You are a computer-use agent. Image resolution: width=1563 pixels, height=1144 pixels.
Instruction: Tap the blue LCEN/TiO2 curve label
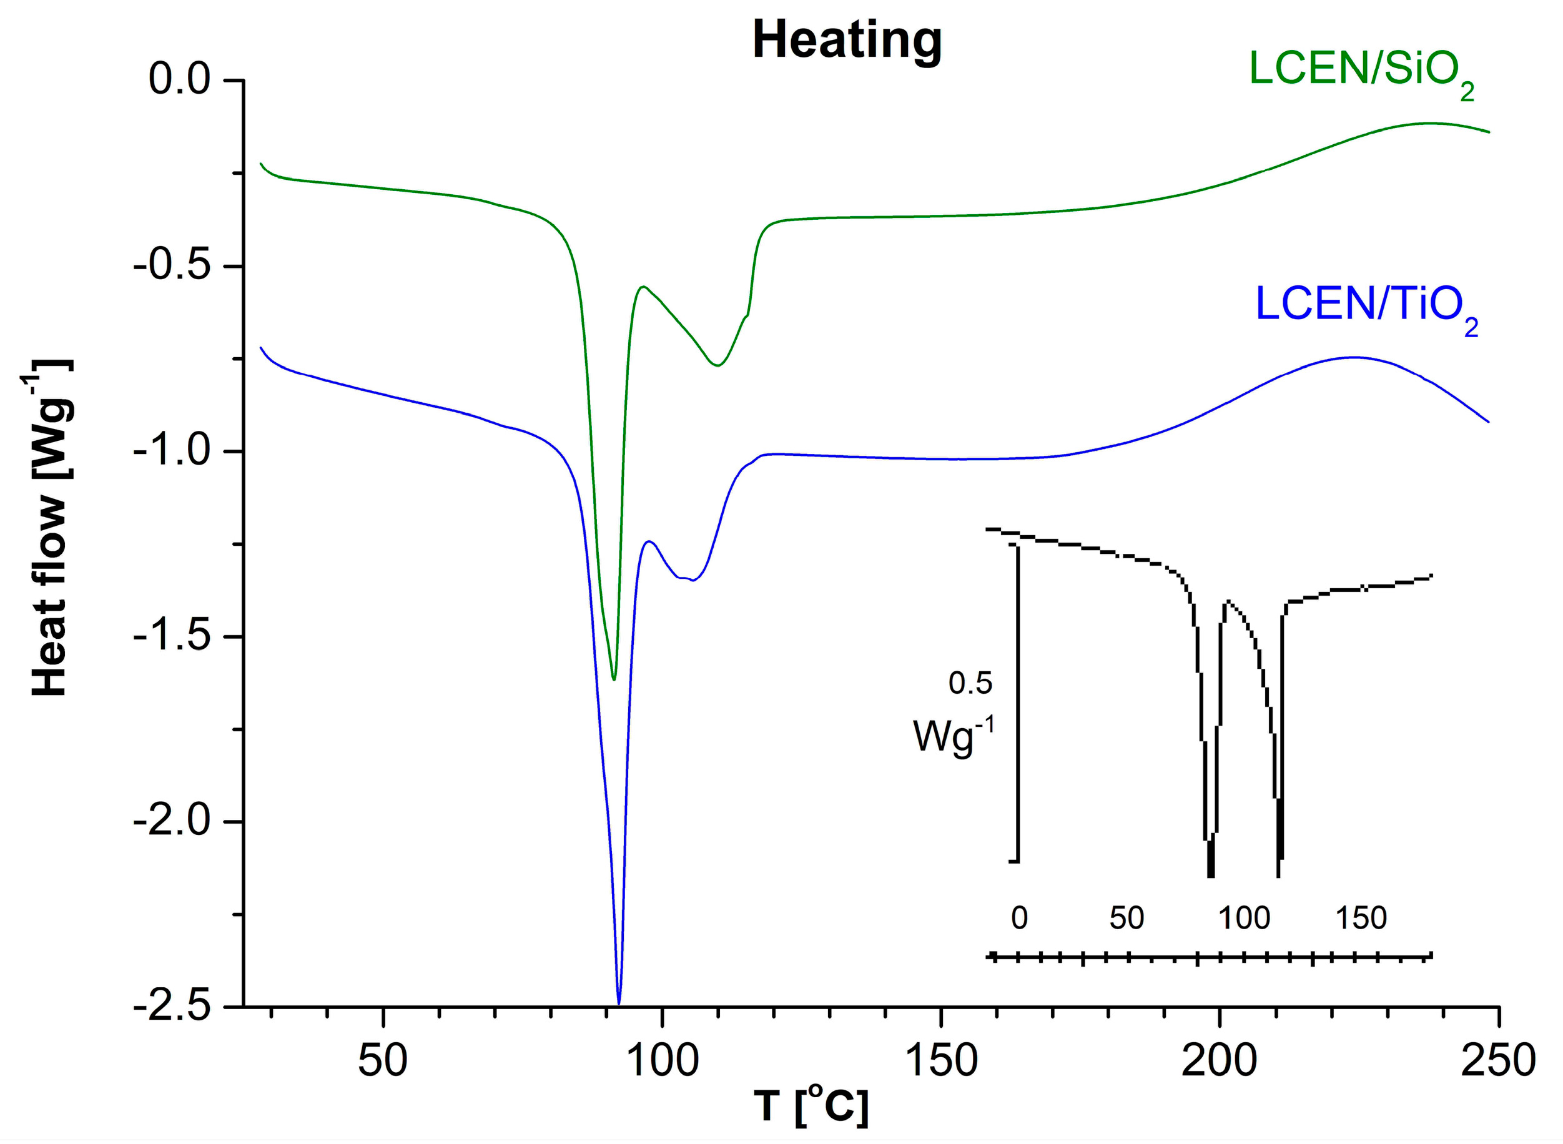[x=1366, y=307]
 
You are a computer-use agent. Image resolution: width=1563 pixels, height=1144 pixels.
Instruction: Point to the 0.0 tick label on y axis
[x=179, y=80]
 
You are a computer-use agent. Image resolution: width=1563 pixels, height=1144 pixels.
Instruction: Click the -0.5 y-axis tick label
[x=172, y=267]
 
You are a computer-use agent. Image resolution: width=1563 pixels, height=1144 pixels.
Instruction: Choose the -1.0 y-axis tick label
[x=172, y=451]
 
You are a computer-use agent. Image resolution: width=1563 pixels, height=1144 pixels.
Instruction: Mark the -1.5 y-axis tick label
[x=172, y=636]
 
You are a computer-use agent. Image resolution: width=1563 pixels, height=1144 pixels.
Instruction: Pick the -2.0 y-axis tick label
[x=172, y=822]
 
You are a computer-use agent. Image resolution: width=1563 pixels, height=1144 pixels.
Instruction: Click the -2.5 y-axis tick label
[x=172, y=1007]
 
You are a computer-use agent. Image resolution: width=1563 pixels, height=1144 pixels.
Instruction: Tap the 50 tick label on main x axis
[x=382, y=1060]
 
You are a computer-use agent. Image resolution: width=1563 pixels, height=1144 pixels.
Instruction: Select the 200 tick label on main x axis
[x=1218, y=1060]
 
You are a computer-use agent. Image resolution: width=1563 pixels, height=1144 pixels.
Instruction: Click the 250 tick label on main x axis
[x=1498, y=1060]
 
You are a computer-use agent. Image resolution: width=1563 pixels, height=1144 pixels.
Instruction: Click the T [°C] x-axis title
[x=811, y=1107]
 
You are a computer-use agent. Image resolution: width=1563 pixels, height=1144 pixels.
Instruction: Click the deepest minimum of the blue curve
[x=618, y=1002]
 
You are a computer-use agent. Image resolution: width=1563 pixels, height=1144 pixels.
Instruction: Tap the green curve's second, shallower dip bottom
[x=717, y=365]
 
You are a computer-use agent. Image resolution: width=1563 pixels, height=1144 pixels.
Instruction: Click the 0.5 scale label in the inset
[x=970, y=684]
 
